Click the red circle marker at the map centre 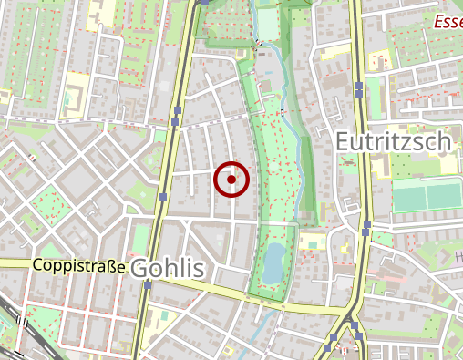pos(231,180)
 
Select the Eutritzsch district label pos(393,141)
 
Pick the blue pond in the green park pos(273,262)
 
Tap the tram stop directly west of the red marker pos(162,196)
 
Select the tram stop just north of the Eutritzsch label pos(359,87)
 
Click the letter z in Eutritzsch pos(416,141)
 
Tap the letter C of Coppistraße pos(37,265)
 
